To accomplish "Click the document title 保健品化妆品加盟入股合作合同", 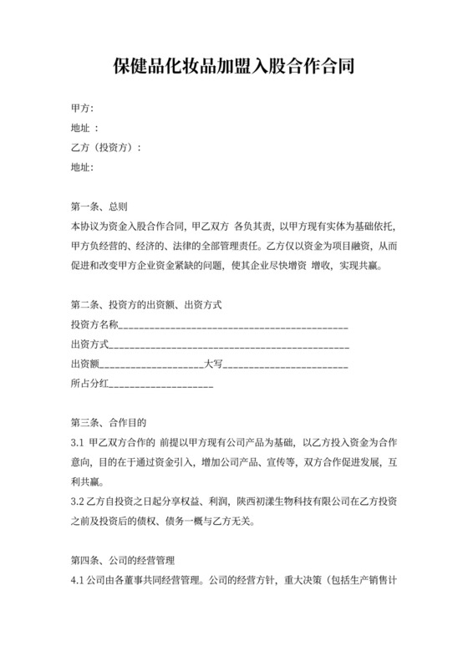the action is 233,66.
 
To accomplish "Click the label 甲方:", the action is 82,109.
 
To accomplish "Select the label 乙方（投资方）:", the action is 106,147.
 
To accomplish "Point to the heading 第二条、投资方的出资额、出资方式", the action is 146,304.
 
